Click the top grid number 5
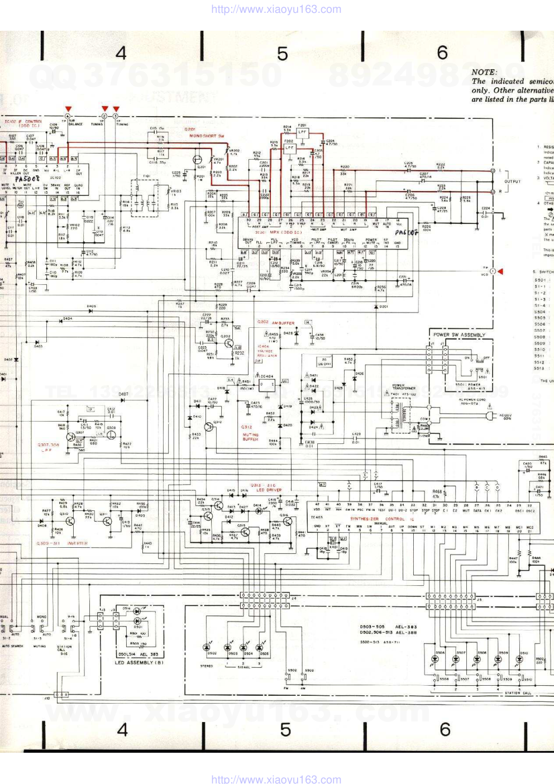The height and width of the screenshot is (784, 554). pyautogui.click(x=283, y=54)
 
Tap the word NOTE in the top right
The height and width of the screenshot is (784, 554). pyautogui.click(x=484, y=72)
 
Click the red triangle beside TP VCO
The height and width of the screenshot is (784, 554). pyautogui.click(x=500, y=271)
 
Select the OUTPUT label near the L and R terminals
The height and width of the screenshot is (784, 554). pyautogui.click(x=512, y=181)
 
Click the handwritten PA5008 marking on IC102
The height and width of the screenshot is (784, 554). pyautogui.click(x=27, y=179)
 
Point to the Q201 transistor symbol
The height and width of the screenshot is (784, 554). pyautogui.click(x=198, y=160)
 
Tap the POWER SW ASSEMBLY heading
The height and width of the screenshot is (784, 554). pyautogui.click(x=459, y=335)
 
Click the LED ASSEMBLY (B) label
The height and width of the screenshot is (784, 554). pyautogui.click(x=139, y=663)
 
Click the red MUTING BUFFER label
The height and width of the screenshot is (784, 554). pyautogui.click(x=250, y=437)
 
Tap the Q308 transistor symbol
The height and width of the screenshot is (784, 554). pyautogui.click(x=111, y=434)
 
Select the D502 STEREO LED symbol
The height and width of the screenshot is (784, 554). pyautogui.click(x=212, y=648)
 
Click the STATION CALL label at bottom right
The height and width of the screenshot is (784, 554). pyautogui.click(x=518, y=693)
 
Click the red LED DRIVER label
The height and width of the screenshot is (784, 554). pyautogui.click(x=269, y=490)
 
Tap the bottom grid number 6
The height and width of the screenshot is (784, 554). pyautogui.click(x=445, y=729)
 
